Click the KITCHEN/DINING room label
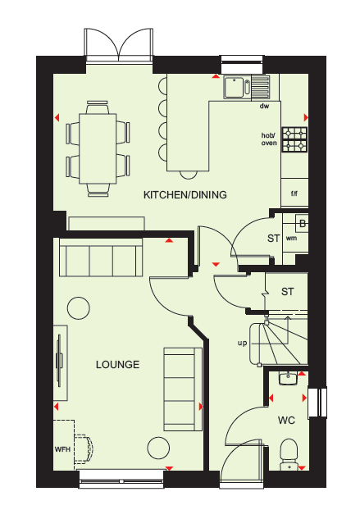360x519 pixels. click(x=185, y=194)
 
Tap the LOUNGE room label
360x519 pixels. click(x=117, y=364)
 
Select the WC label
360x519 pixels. click(x=286, y=421)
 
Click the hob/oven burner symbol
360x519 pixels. click(x=294, y=139)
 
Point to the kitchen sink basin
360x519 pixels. click(x=234, y=87)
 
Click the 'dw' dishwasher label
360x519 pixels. click(x=264, y=106)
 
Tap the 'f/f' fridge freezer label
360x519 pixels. click(x=294, y=193)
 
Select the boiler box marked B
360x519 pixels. click(x=302, y=223)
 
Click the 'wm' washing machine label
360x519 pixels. click(x=291, y=238)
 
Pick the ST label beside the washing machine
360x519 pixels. click(x=274, y=238)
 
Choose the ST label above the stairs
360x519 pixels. click(x=287, y=292)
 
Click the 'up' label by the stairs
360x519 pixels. click(x=242, y=343)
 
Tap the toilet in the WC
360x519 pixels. click(x=289, y=454)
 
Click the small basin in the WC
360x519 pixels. click(x=288, y=378)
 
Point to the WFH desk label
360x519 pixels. click(x=62, y=449)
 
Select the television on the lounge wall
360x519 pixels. click(x=60, y=361)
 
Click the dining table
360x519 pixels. click(x=98, y=148)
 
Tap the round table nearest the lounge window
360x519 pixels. click(x=158, y=448)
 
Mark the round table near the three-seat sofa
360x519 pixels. click(x=79, y=308)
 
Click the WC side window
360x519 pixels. click(x=317, y=401)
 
